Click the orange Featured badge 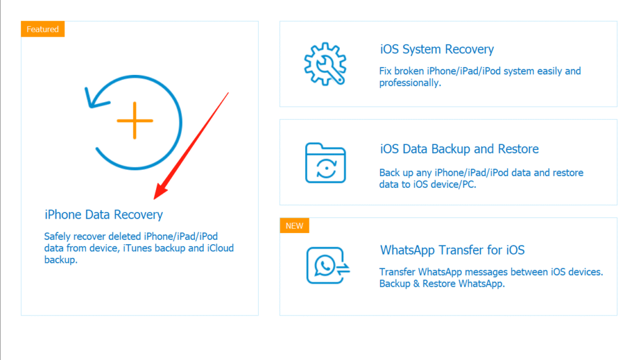coord(43,29)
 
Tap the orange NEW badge coord(294,226)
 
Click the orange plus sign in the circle coord(134,121)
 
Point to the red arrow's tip coord(154,199)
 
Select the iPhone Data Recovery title coord(103,214)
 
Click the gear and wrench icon coord(325,64)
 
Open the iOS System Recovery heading coord(436,50)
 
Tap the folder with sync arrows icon coord(326,162)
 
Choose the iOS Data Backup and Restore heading coord(459,149)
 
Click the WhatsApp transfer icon coord(328,265)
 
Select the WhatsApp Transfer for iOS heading coord(452,250)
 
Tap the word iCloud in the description coord(220,248)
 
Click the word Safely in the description coord(58,236)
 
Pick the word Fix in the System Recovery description coord(385,71)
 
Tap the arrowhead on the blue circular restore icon coord(96,99)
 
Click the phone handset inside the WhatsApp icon coord(324,265)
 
